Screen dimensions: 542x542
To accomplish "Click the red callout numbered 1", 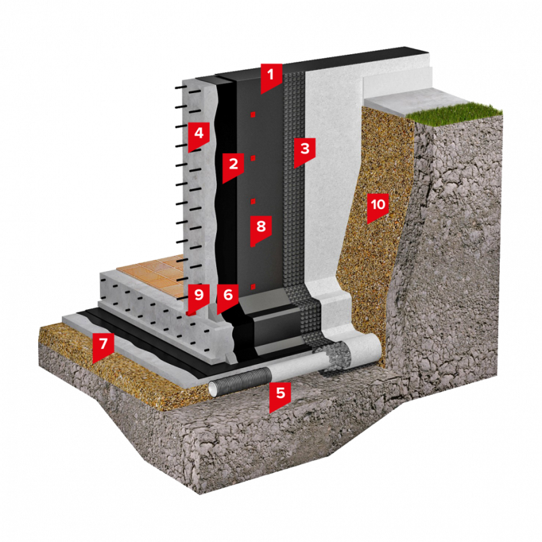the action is coord(272,76).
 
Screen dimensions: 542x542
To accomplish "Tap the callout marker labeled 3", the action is coord(305,150).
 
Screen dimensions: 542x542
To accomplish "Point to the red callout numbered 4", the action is coord(199,135).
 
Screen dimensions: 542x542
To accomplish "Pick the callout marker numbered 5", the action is coord(281,395).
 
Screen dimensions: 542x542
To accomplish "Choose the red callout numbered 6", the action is coord(228,297).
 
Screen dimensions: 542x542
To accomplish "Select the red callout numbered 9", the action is coord(199,297).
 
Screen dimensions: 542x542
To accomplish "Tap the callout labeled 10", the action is coord(378,207).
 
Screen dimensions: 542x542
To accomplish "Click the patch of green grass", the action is coord(453,112).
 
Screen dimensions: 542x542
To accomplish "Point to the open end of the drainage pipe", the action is coord(213,389).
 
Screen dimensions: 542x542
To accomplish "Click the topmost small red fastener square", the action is coord(253,114).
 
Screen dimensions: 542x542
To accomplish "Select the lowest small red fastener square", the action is coord(253,286).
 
